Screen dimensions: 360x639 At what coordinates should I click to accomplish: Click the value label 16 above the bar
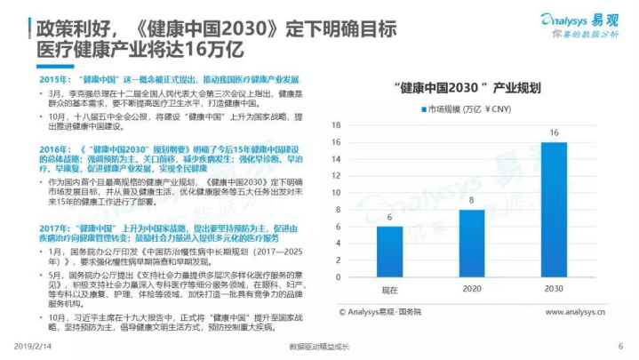point(553,133)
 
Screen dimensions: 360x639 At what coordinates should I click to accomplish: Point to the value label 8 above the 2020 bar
point(471,201)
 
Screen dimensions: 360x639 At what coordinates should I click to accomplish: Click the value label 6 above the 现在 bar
point(389,218)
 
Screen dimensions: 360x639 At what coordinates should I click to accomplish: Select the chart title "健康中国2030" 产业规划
point(471,87)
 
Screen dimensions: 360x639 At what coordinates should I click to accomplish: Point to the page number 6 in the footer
point(619,347)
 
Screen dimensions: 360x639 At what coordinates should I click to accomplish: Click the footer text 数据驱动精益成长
point(320,347)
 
